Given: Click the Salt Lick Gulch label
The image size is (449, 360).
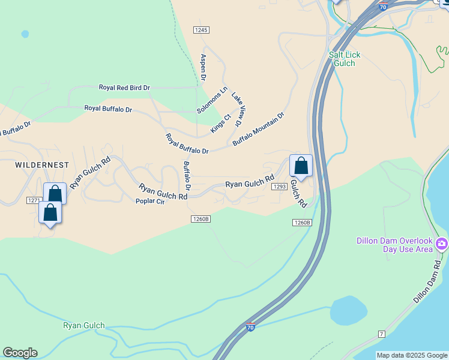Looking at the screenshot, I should [345, 59].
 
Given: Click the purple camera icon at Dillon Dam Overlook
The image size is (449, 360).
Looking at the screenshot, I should [442, 244].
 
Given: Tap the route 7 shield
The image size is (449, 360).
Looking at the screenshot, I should [381, 333].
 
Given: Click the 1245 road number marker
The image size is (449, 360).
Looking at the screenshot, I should [201, 30].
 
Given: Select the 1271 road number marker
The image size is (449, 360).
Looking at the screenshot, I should [34, 200].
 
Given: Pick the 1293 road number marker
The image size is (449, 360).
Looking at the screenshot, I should [279, 187].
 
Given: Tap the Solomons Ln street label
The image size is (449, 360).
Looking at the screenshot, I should [212, 101].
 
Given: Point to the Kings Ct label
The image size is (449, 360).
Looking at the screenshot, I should [221, 124].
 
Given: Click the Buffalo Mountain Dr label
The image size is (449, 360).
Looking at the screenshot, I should [258, 129].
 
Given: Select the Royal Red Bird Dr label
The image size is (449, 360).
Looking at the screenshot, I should [124, 88].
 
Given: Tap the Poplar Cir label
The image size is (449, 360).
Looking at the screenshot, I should [150, 202].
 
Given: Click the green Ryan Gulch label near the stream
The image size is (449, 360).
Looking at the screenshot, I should [84, 326].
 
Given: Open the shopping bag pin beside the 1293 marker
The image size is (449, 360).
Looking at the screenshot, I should [301, 166].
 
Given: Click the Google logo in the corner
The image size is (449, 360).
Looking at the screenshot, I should [20, 353].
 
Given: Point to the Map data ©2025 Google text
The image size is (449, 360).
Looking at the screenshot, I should [411, 355].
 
